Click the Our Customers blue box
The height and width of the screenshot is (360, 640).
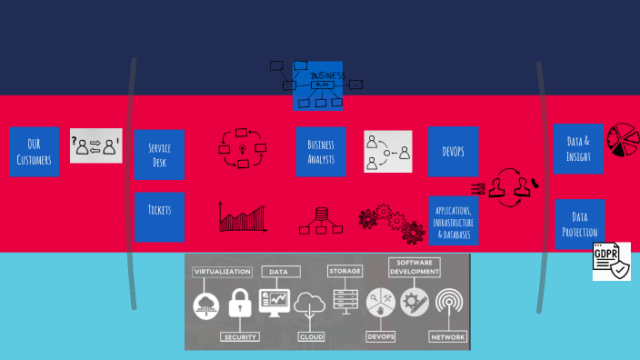click(x=35, y=151)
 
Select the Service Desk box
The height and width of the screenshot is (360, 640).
click(x=159, y=155)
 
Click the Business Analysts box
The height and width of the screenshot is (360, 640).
click(x=321, y=152)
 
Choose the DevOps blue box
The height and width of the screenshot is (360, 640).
click(x=454, y=151)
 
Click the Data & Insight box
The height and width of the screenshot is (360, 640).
click(x=578, y=148)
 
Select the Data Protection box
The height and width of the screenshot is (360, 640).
click(x=579, y=224)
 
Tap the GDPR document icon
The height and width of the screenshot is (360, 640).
click(x=611, y=261)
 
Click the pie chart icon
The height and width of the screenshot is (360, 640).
click(x=622, y=140)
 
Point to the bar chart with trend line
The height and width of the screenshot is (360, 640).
click(x=243, y=217)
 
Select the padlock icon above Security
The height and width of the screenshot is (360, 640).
click(x=240, y=304)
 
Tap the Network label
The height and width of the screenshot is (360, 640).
click(x=448, y=336)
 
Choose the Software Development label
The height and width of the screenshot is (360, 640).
click(x=415, y=266)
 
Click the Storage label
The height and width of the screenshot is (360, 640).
click(x=345, y=271)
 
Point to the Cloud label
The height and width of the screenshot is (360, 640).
click(x=311, y=336)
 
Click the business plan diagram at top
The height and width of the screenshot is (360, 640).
click(x=317, y=85)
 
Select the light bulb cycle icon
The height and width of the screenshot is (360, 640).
click(x=242, y=149)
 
